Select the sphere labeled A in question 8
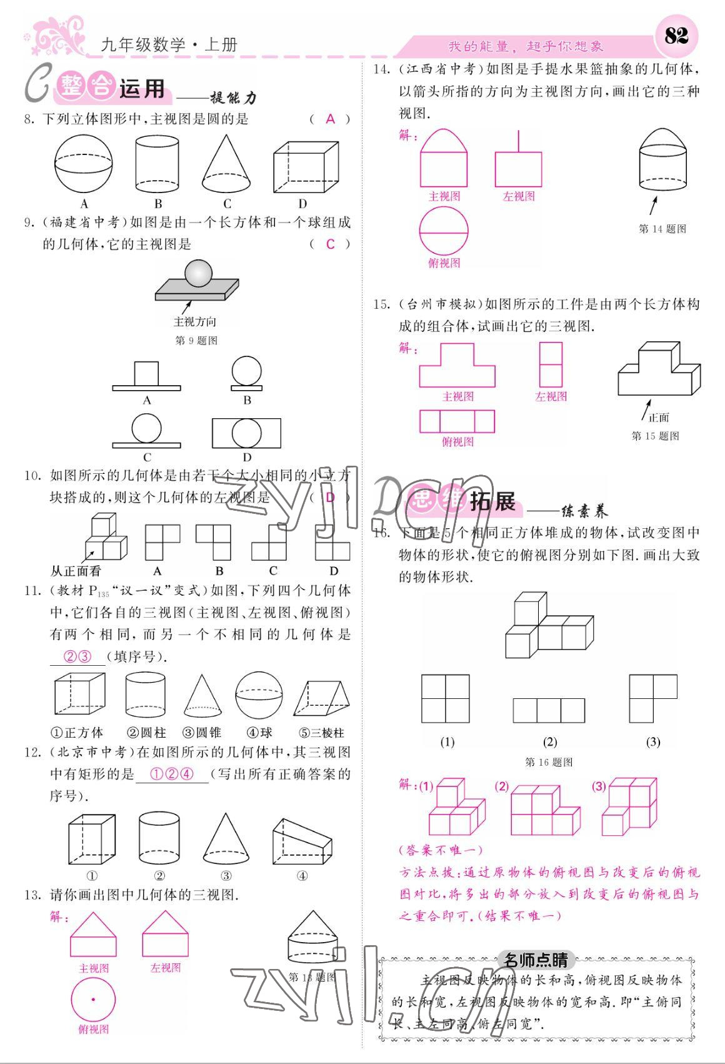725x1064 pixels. (x=84, y=164)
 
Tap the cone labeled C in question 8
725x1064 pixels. (x=227, y=164)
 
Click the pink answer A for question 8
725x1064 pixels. (x=331, y=119)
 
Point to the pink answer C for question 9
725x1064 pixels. (x=331, y=244)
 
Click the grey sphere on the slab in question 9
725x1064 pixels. (x=199, y=273)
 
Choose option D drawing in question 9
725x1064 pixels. (x=246, y=433)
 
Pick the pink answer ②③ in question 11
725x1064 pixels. (x=78, y=656)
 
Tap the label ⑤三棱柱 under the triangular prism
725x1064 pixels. (x=322, y=733)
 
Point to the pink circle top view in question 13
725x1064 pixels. (x=93, y=1000)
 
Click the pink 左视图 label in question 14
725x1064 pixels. (x=519, y=196)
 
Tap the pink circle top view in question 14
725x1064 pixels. (x=444, y=231)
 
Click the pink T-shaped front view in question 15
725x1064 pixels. (x=457, y=366)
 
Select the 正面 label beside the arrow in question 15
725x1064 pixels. (x=659, y=418)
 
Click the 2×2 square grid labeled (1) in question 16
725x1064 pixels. (x=446, y=698)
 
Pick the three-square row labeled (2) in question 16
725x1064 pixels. (x=549, y=711)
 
